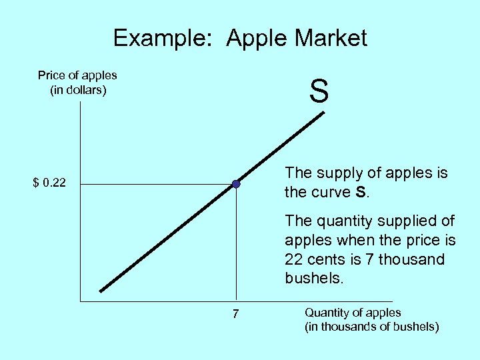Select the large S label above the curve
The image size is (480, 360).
319,91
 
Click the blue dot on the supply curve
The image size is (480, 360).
236,183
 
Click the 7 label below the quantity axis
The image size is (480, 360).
236,314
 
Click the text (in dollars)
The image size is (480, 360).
79,89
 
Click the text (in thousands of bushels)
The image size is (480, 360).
371,327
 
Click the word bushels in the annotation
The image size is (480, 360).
313,278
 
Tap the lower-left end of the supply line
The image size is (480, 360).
101,291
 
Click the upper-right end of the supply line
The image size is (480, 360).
323,113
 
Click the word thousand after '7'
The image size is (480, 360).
411,259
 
